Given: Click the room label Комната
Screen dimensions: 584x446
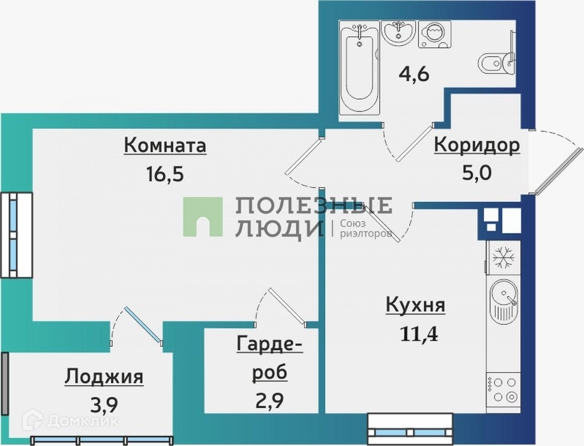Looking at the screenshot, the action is [x=165, y=146].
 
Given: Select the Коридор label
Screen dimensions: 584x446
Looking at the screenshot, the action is [x=477, y=145].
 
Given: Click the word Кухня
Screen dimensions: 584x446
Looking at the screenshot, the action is [x=416, y=305].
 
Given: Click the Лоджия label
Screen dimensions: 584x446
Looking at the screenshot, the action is [x=104, y=376].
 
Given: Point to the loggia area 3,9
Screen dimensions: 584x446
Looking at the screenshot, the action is [x=104, y=405].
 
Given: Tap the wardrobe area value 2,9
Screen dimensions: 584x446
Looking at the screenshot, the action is [x=269, y=403].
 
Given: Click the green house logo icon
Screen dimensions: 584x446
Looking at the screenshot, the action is [x=203, y=217].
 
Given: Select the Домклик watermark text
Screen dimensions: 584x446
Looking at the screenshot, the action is [x=76, y=420].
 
